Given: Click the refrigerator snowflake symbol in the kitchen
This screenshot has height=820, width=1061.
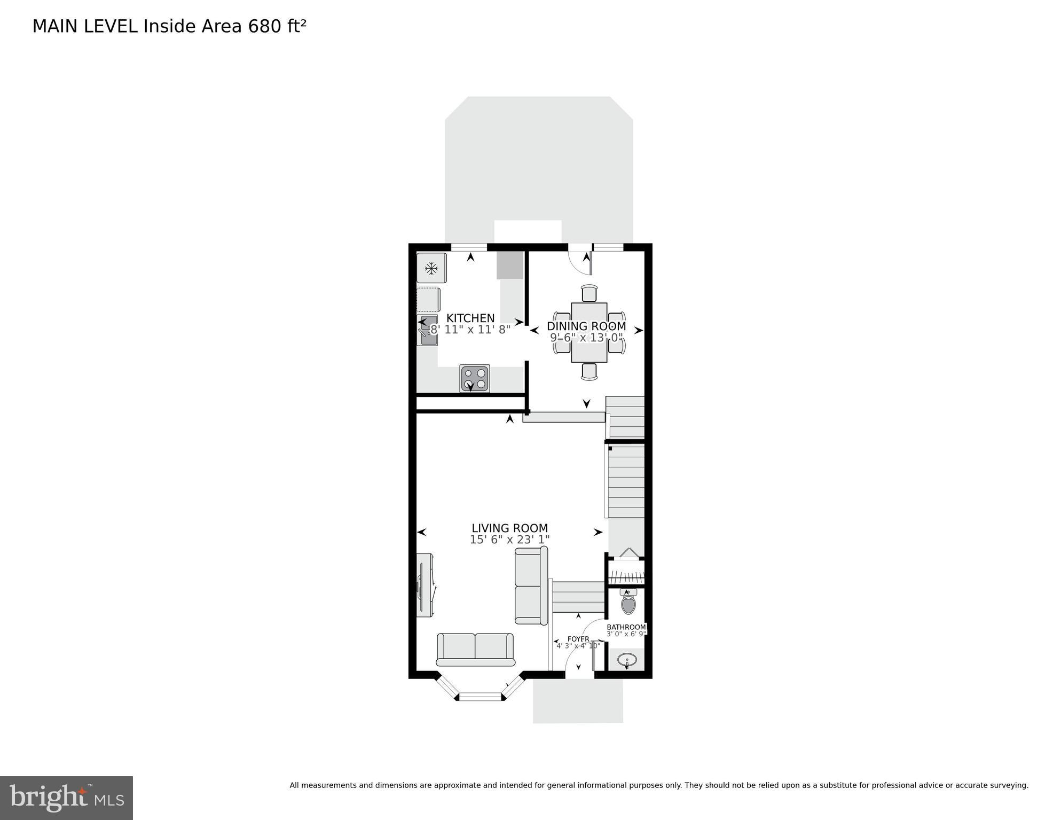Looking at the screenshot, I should point(431,268).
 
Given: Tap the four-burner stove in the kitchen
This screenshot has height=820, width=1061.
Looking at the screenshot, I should point(475,378).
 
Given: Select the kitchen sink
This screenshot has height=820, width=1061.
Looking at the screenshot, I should point(427,330).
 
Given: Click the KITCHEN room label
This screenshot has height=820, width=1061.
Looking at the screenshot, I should point(470,318).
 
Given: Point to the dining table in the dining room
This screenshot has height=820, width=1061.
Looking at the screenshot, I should point(589,332).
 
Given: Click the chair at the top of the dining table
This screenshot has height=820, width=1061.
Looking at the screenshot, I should point(589,293).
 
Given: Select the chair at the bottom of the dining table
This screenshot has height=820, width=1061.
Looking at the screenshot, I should point(589,371).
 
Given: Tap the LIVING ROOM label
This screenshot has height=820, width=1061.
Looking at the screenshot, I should point(509,528).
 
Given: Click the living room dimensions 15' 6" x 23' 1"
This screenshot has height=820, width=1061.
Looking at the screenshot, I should point(509,540).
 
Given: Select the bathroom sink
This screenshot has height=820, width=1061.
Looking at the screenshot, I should point(627,660).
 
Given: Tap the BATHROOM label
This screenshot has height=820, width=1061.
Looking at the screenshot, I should point(626,627).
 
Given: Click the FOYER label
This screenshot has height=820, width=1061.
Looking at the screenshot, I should point(578,639).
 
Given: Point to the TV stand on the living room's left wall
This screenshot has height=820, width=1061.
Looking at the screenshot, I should point(425,585).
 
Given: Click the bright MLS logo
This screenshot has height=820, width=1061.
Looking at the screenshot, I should point(66,798).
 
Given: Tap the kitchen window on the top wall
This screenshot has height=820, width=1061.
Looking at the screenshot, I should point(469,247).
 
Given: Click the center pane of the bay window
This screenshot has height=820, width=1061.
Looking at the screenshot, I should point(481,696).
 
